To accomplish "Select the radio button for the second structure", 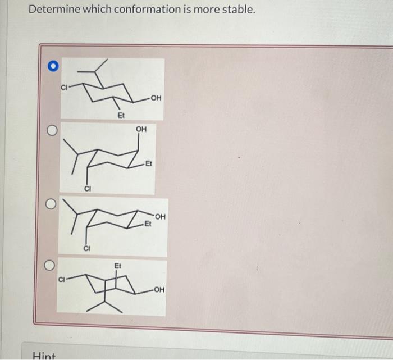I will tap(52, 130).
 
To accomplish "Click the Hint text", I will tap(43, 354).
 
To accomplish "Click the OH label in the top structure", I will tap(156, 99).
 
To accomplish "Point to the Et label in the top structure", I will tap(120, 115).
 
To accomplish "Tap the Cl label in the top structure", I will tap(64, 86).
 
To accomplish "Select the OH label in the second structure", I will tap(141, 129).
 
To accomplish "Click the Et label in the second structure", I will tap(148, 164).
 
